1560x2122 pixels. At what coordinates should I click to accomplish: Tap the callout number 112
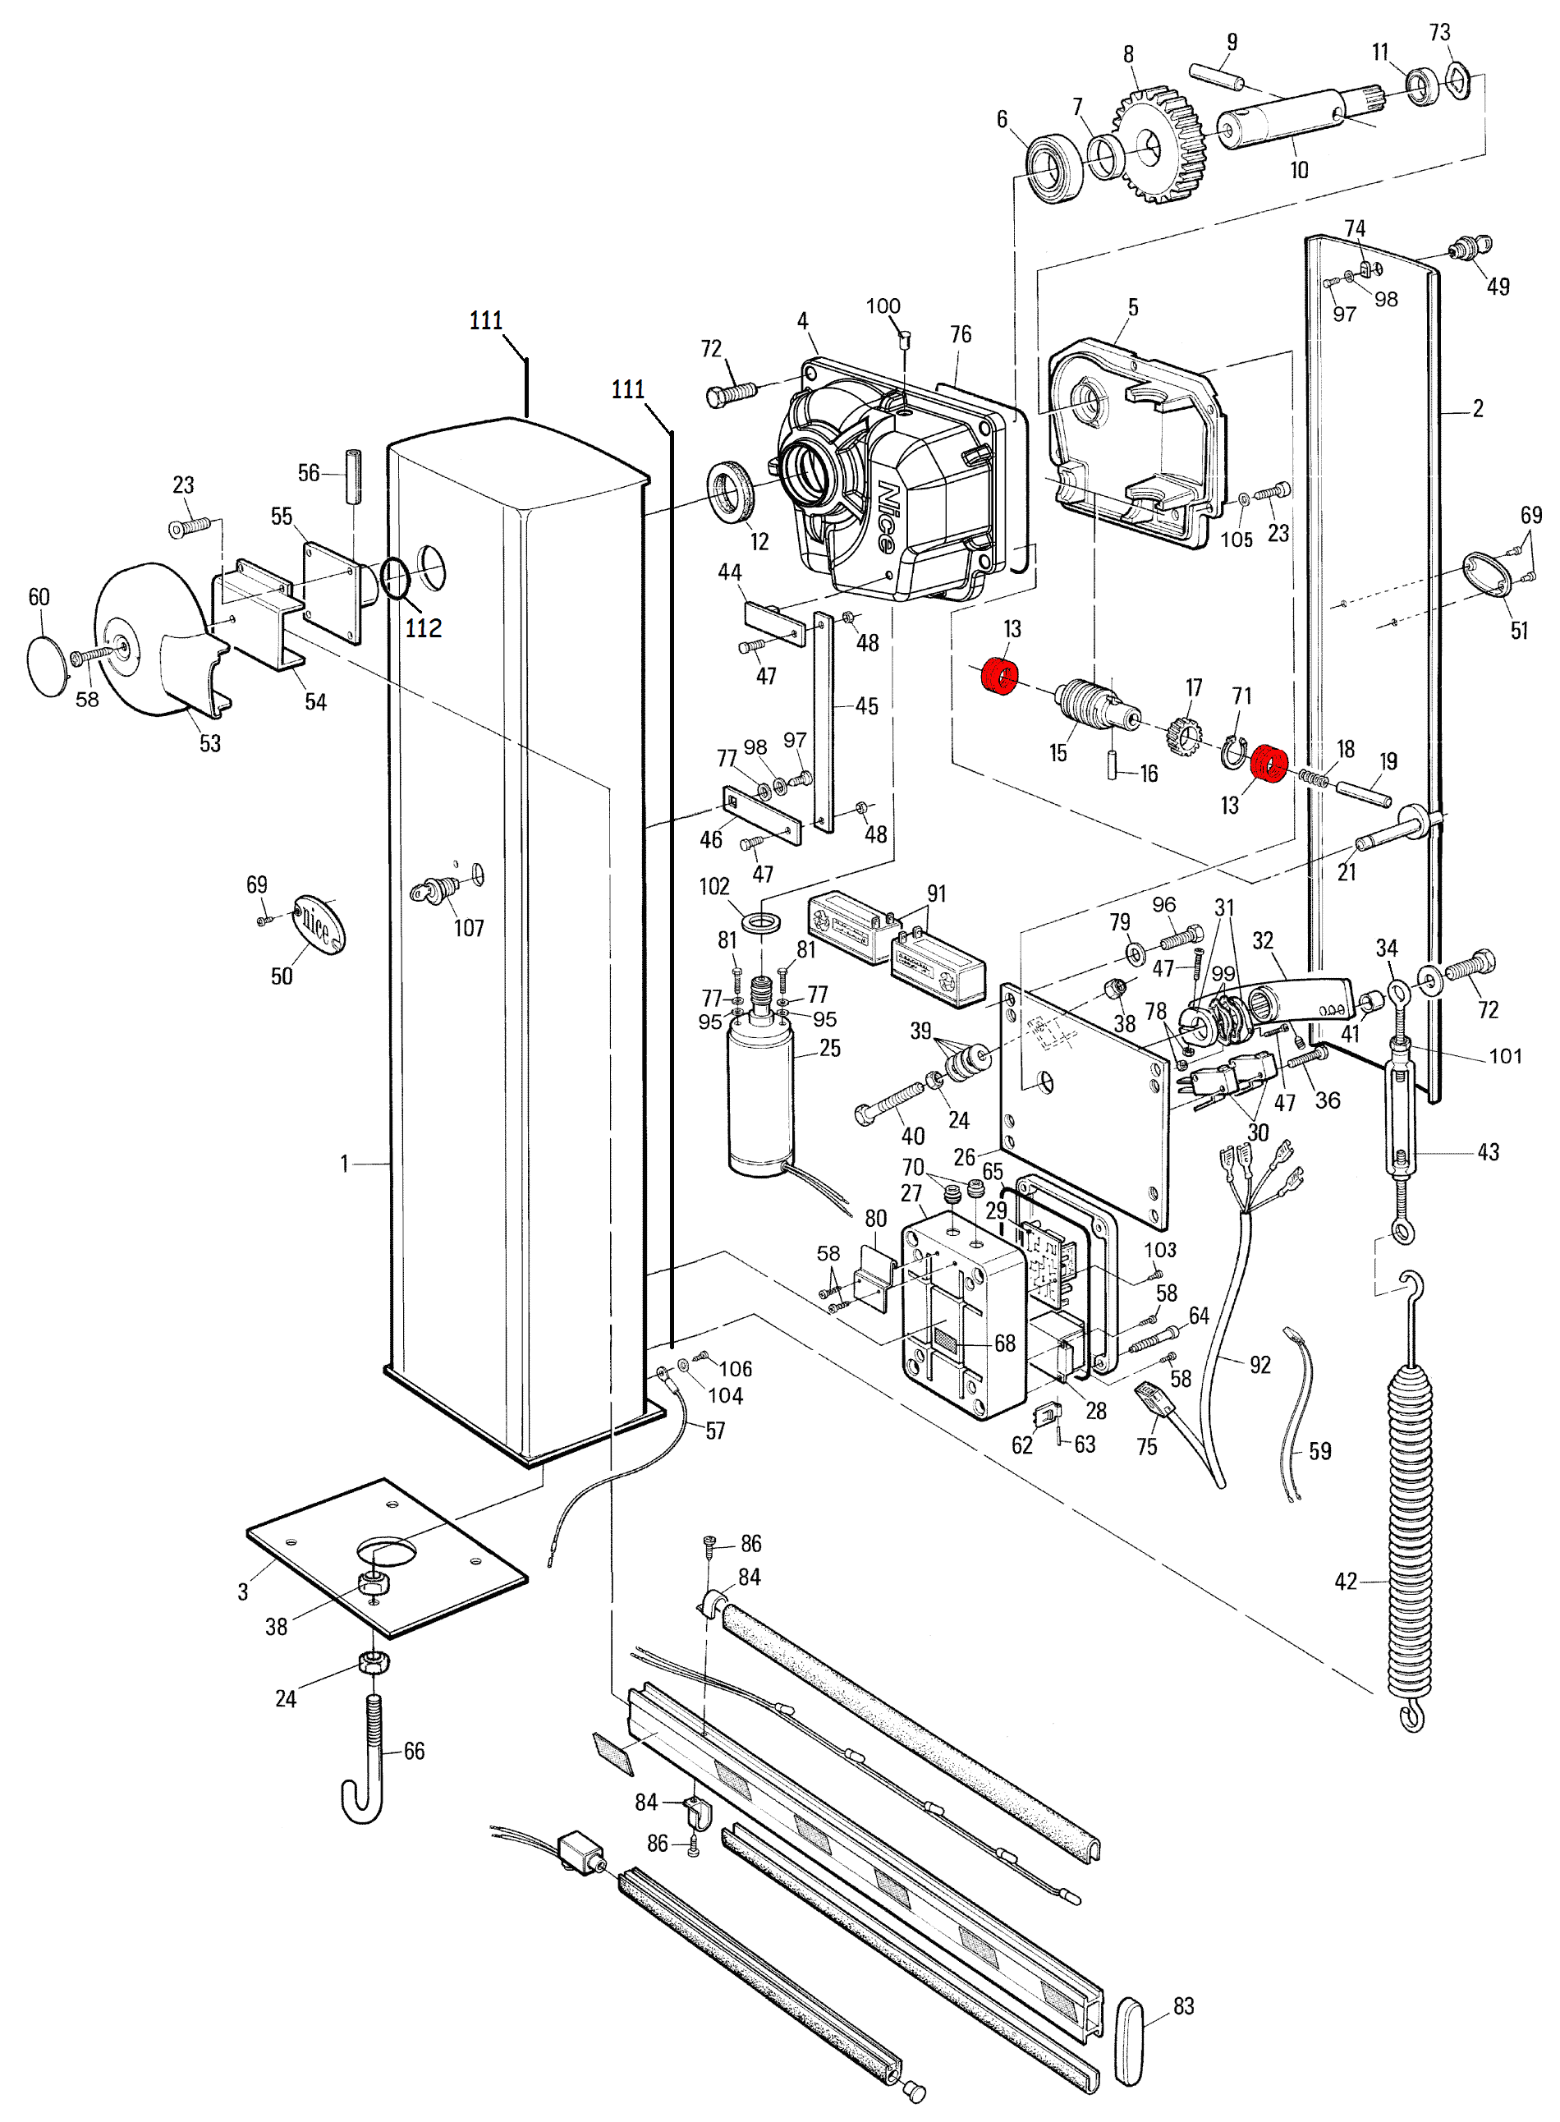pos(423,628)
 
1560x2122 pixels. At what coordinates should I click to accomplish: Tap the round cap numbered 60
pos(48,666)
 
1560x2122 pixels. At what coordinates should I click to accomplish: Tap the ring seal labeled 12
pos(731,492)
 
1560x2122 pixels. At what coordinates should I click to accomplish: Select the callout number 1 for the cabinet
pos(345,1164)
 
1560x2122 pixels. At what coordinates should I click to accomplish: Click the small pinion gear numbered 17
pos(1183,734)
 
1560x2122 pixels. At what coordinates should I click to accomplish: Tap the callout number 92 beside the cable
pos(1259,1365)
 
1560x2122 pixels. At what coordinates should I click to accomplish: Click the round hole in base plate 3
pos(385,1550)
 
